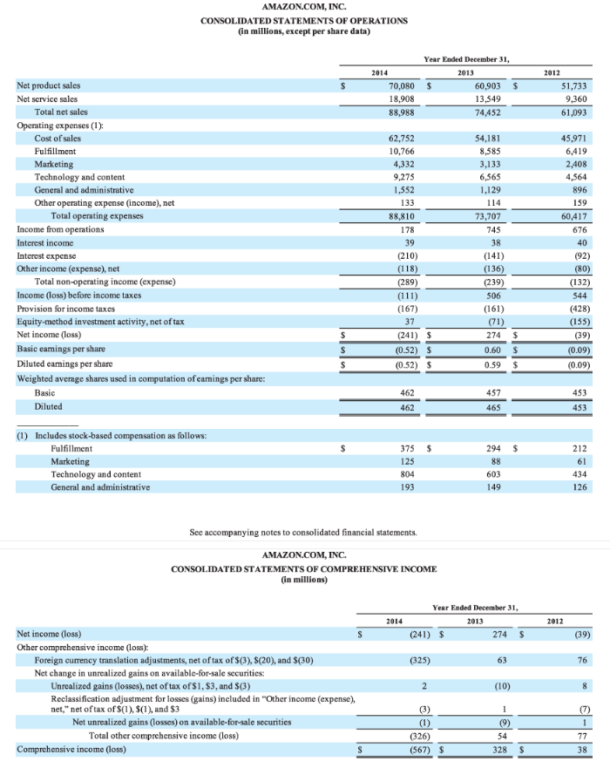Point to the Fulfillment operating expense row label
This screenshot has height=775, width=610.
coord(58,152)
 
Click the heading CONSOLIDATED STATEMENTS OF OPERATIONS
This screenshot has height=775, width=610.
coord(304,20)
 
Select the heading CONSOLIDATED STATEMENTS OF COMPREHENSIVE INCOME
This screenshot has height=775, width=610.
coord(304,568)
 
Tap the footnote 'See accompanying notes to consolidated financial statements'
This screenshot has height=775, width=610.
coord(303,531)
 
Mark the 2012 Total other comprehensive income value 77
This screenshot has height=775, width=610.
coord(585,736)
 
